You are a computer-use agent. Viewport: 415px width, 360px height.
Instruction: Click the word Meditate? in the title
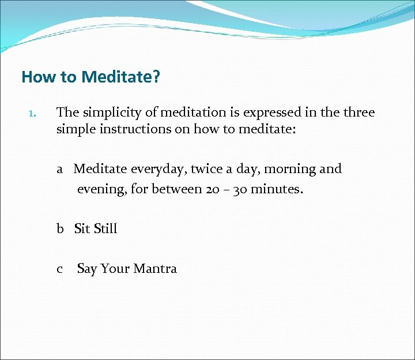(x=120, y=77)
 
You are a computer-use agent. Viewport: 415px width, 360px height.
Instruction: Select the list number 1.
(x=32, y=114)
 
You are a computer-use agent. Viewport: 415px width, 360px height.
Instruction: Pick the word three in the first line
(x=358, y=112)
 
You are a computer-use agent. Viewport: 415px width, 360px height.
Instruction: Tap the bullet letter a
(x=60, y=170)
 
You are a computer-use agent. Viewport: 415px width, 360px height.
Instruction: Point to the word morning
(x=289, y=170)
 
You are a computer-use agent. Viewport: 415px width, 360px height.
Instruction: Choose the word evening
(x=102, y=189)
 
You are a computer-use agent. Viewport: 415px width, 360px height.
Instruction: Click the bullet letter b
(x=61, y=228)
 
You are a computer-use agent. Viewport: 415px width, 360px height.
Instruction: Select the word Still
(x=105, y=228)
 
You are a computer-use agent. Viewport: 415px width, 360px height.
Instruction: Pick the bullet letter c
(x=60, y=269)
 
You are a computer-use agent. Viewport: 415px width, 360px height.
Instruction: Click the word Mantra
(x=155, y=269)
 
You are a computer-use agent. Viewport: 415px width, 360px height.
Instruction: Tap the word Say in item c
(x=87, y=269)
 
